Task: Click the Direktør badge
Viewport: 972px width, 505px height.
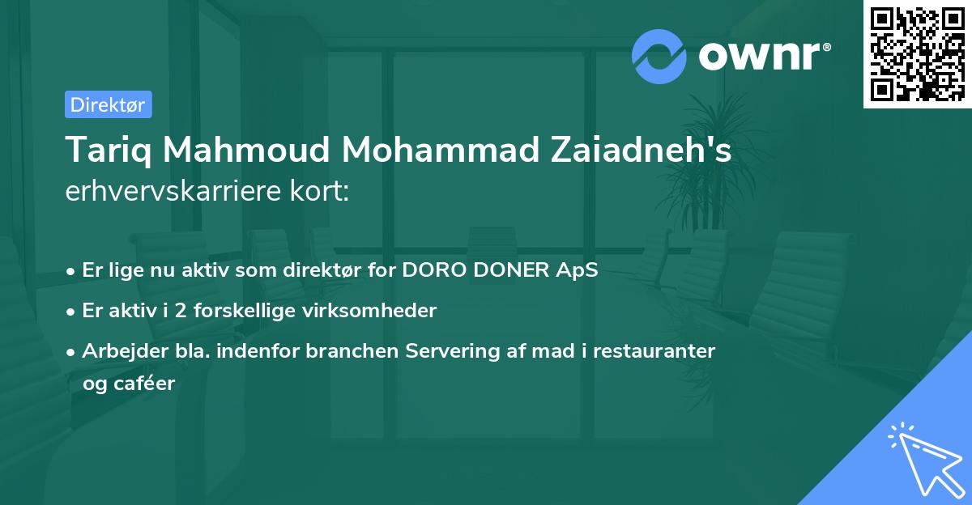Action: point(108,104)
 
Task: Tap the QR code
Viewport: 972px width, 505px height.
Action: point(917,54)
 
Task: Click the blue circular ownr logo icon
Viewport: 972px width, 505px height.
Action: point(659,56)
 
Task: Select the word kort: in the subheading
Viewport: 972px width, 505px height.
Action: point(322,192)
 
